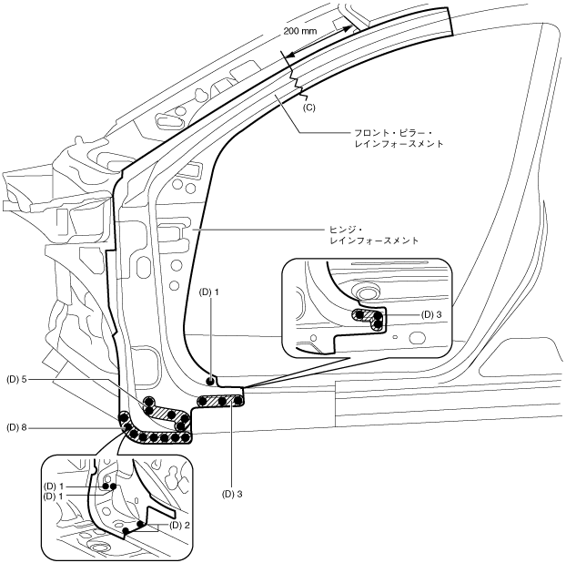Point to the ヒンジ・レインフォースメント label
pos(372,236)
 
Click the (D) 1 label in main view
pos(210,292)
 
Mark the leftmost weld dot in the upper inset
pos(359,315)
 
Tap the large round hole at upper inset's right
pos(418,339)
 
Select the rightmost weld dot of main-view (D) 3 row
pos(238,400)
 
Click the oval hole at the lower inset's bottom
pos(98,545)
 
